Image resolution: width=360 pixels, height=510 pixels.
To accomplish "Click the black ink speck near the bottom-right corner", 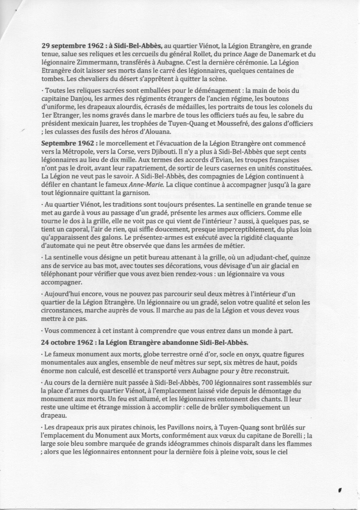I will (339, 491).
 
